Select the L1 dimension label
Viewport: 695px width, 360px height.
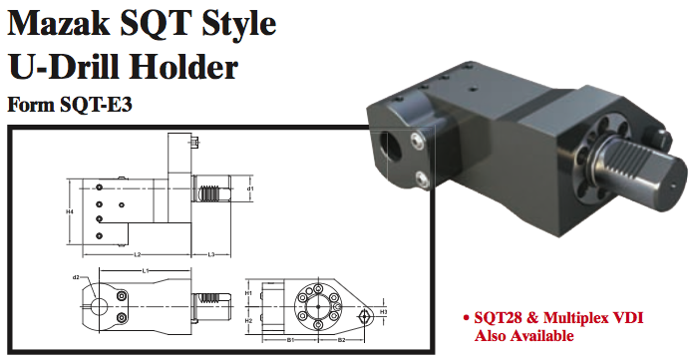pyautogui.click(x=146, y=271)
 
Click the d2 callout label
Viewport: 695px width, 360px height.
pyautogui.click(x=76, y=276)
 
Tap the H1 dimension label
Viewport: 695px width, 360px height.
pyautogui.click(x=248, y=294)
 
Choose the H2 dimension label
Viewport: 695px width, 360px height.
pyautogui.click(x=248, y=321)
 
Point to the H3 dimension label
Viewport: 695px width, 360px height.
pyautogui.click(x=383, y=312)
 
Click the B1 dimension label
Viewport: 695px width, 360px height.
pyautogui.click(x=289, y=341)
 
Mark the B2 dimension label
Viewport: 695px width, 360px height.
pyautogui.click(x=340, y=341)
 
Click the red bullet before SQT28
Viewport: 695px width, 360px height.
pyautogui.click(x=468, y=318)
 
